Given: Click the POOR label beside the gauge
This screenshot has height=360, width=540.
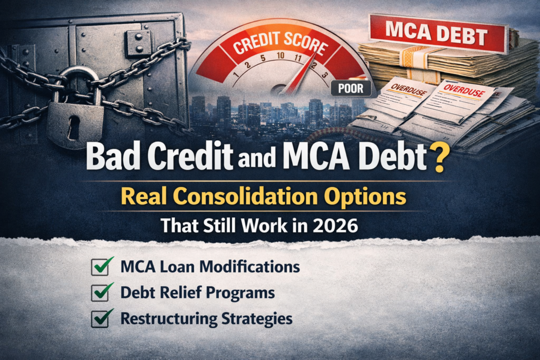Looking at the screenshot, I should coord(351,88).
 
